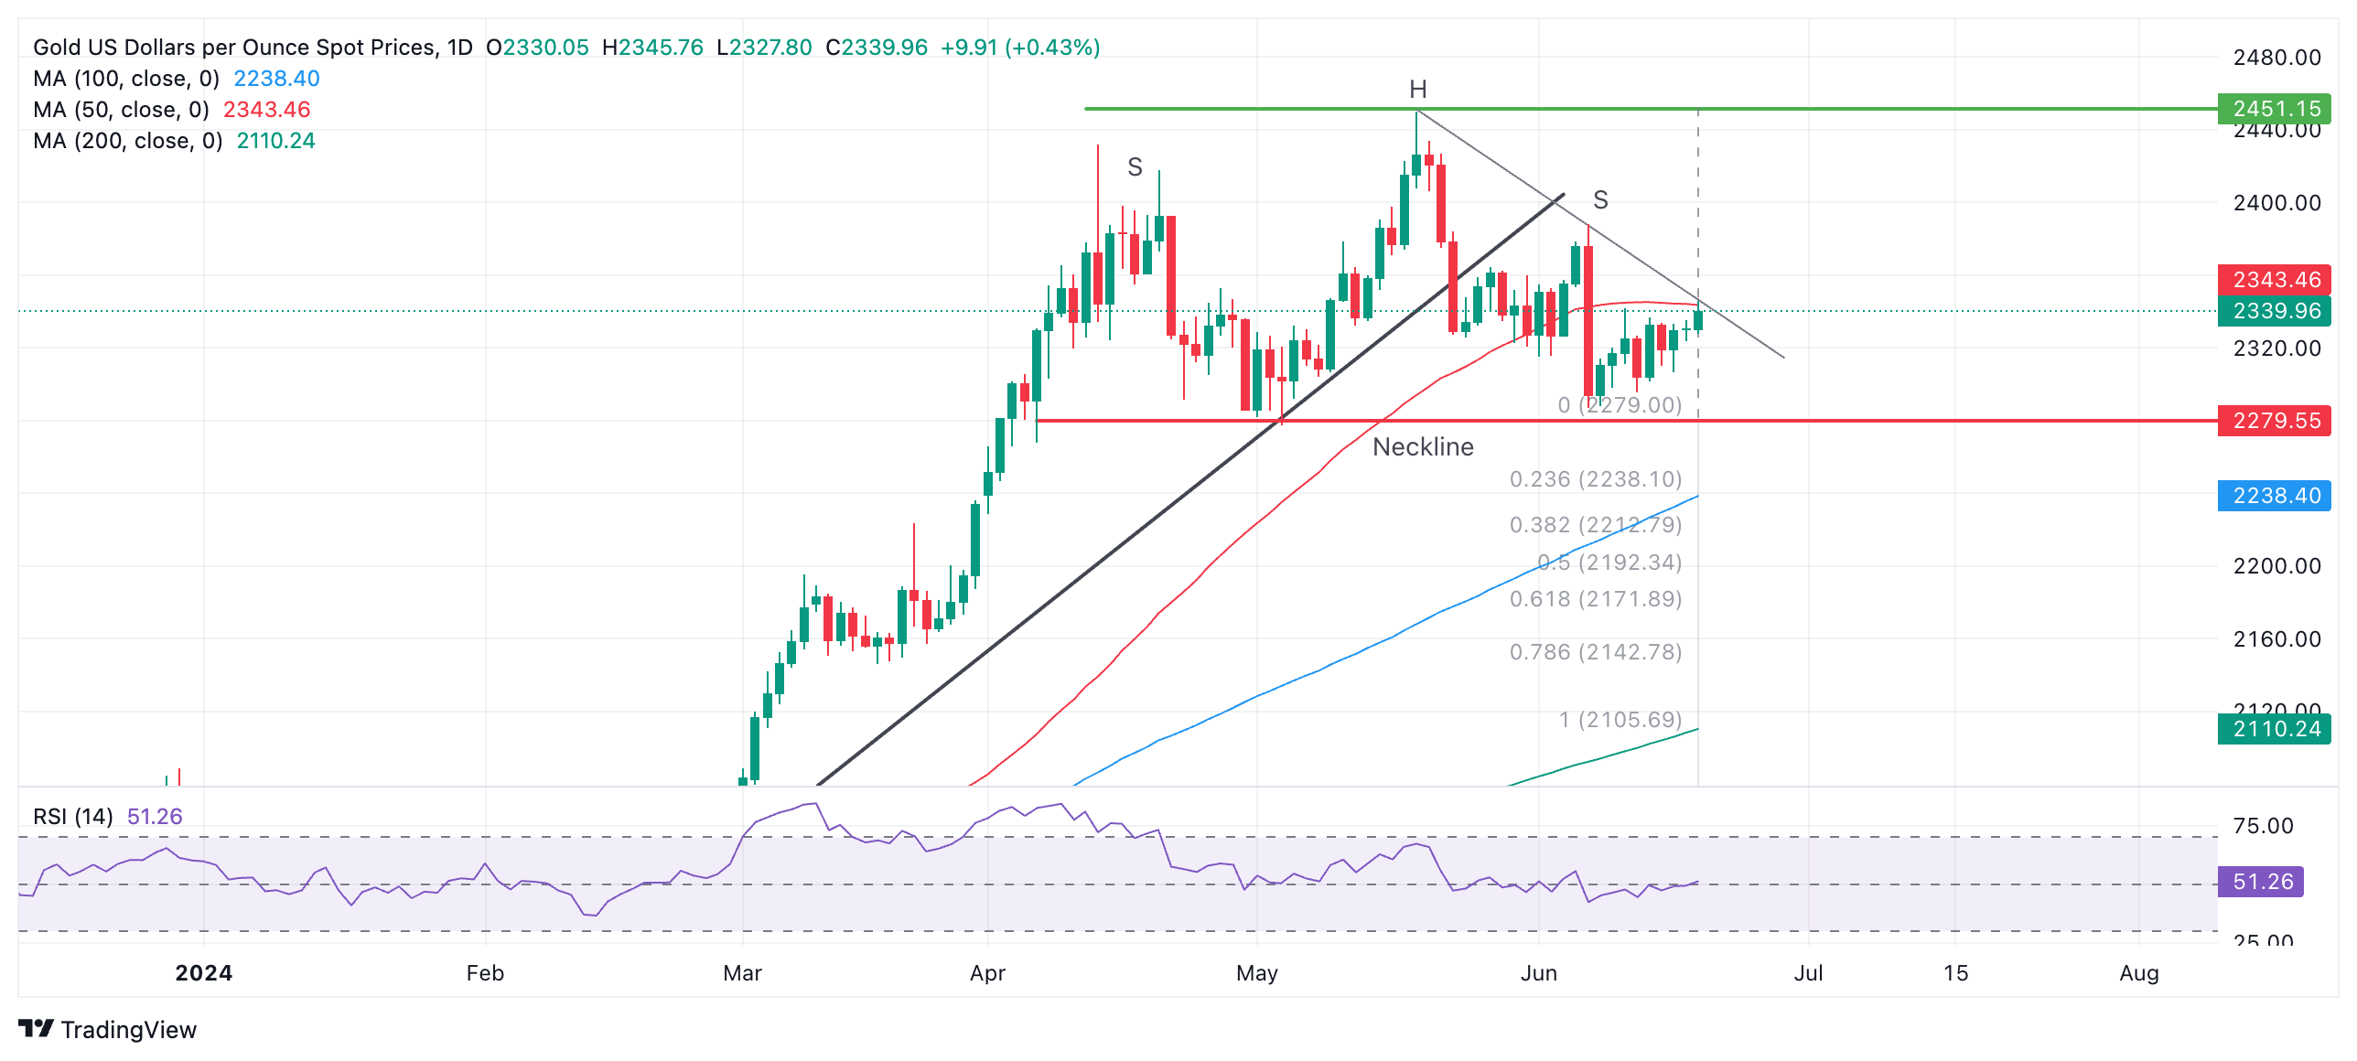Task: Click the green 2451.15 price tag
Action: pyautogui.click(x=2275, y=109)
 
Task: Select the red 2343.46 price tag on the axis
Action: pyautogui.click(x=2275, y=279)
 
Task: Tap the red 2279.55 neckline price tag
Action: pyautogui.click(x=2275, y=421)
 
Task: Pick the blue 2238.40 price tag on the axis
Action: pyautogui.click(x=2275, y=496)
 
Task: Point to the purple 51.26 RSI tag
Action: pyautogui.click(x=2261, y=882)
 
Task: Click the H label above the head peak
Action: pyautogui.click(x=1417, y=90)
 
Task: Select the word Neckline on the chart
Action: pyautogui.click(x=1423, y=447)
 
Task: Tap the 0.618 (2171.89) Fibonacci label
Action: pyautogui.click(x=1595, y=599)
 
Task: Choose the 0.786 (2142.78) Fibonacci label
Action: pyautogui.click(x=1595, y=652)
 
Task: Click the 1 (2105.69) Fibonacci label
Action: pyautogui.click(x=1620, y=720)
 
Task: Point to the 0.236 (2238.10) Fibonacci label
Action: pyautogui.click(x=1595, y=479)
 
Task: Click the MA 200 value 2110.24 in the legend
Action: pyautogui.click(x=275, y=141)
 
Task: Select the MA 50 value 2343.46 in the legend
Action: pyautogui.click(x=266, y=110)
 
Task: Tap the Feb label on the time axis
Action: pyautogui.click(x=485, y=973)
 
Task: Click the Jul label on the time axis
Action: pyautogui.click(x=1808, y=973)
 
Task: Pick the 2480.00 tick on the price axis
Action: pyautogui.click(x=2276, y=58)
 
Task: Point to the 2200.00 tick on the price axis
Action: pyautogui.click(x=2276, y=566)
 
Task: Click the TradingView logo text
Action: pyautogui.click(x=128, y=1030)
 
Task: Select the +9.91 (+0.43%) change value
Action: pyautogui.click(x=1019, y=48)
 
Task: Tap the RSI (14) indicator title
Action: pyautogui.click(x=73, y=817)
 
